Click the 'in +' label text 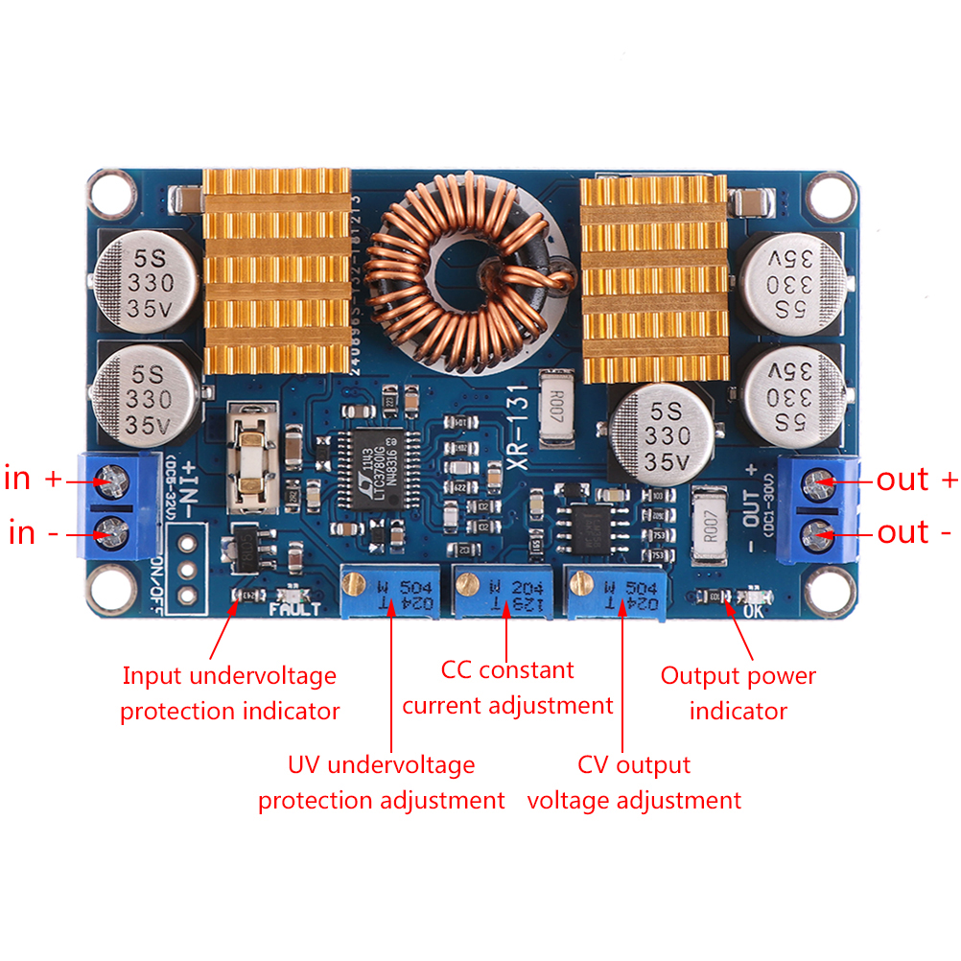click(x=35, y=478)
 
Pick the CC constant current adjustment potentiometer click(x=503, y=591)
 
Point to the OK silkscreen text click(x=752, y=607)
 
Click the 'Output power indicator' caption click(x=738, y=692)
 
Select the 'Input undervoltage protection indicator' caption click(x=229, y=692)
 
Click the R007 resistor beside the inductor click(x=558, y=410)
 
